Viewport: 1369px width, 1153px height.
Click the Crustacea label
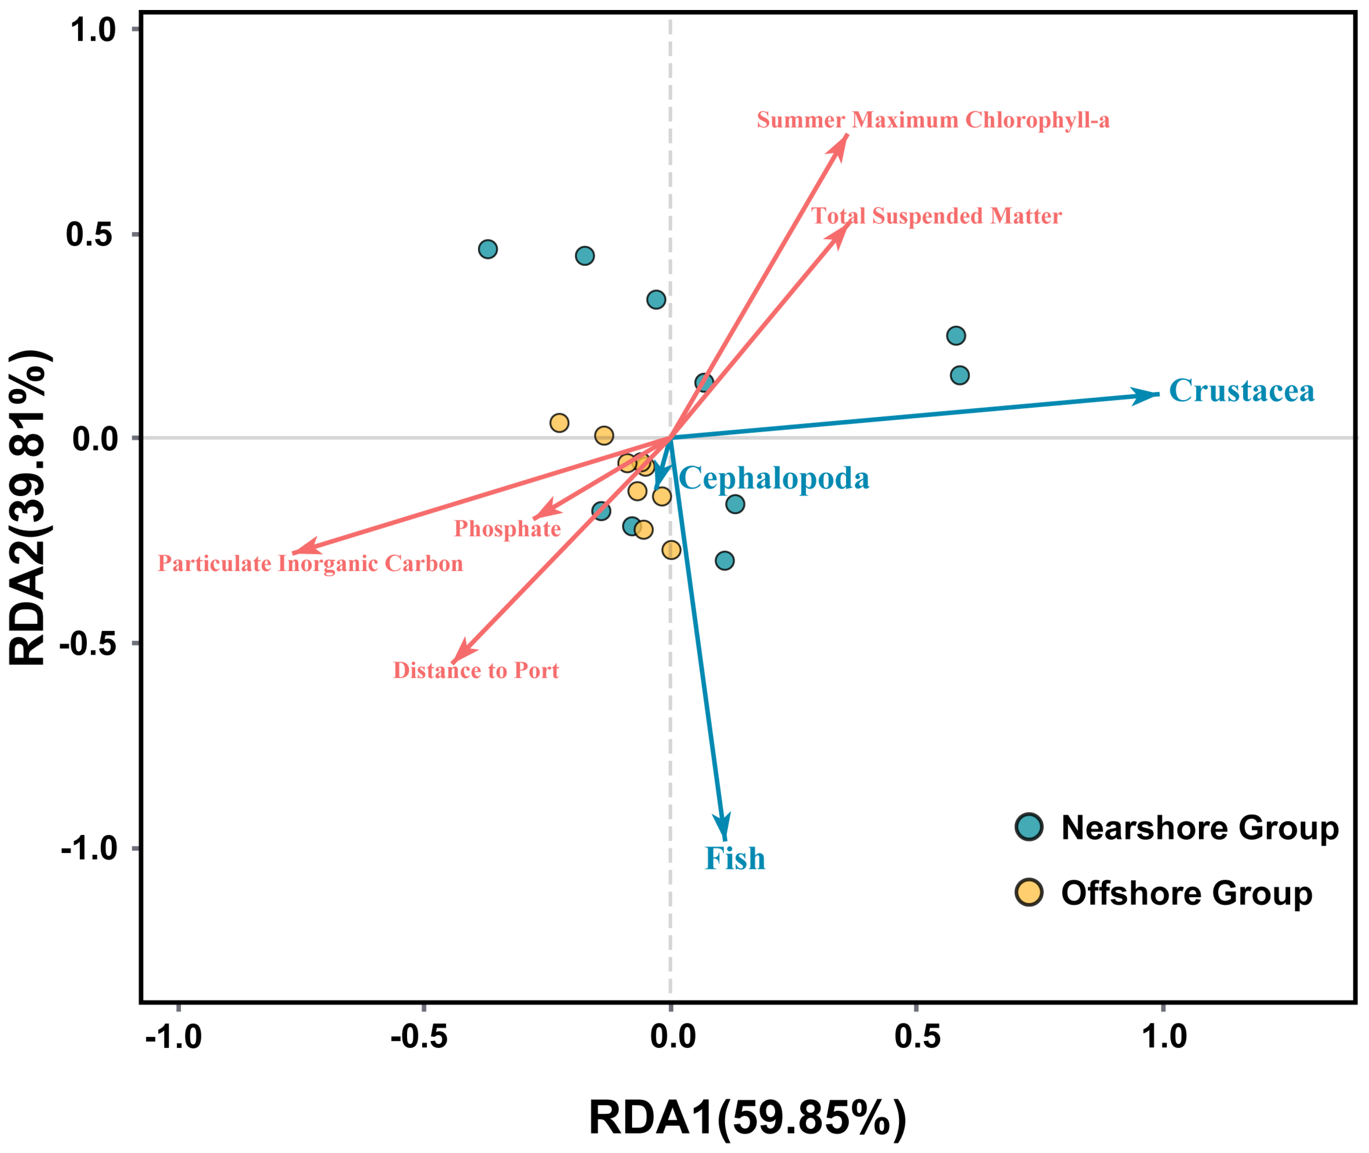coord(1241,391)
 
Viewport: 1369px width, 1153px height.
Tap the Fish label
coord(734,858)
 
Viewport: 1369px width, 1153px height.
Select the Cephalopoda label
coord(774,479)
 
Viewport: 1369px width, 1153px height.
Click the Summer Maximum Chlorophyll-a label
coord(933,120)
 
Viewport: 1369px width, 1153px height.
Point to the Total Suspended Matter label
coord(936,216)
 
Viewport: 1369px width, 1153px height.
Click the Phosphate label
coord(507,529)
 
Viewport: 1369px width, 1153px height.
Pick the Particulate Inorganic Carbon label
coord(310,564)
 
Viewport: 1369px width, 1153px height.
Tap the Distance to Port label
coord(476,671)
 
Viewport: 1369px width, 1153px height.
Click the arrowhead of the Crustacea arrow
coord(1158,394)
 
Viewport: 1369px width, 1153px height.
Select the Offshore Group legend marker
coord(1029,892)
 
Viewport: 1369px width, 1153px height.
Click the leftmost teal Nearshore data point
coord(488,249)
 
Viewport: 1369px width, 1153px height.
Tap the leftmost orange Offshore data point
coord(559,423)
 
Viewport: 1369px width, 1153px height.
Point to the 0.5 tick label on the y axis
coord(90,235)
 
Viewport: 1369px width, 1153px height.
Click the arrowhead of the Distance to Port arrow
coord(453,663)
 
